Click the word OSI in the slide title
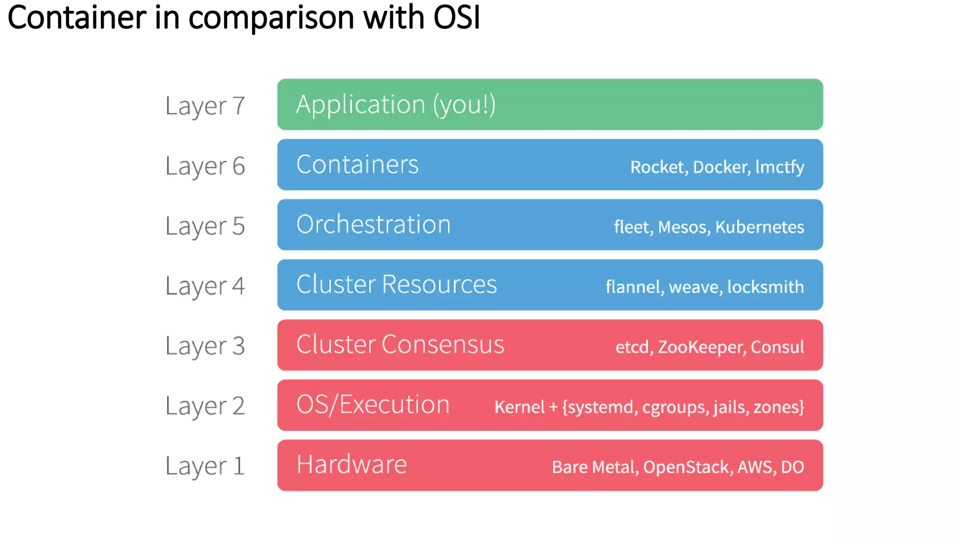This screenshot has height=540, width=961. pyautogui.click(x=457, y=18)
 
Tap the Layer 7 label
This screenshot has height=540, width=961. pyautogui.click(x=205, y=106)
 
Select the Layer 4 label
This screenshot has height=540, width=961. pyautogui.click(x=205, y=286)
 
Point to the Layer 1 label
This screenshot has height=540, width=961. pyautogui.click(x=205, y=466)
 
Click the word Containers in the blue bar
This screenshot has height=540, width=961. pyautogui.click(x=357, y=165)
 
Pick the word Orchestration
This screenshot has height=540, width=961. pyautogui.click(x=374, y=225)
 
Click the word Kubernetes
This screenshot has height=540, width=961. pyautogui.click(x=759, y=227)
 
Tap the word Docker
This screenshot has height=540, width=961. pyautogui.click(x=721, y=167)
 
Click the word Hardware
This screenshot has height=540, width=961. pyautogui.click(x=351, y=465)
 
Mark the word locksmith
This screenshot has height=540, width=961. pyautogui.click(x=765, y=287)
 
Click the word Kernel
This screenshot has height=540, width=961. pyautogui.click(x=519, y=407)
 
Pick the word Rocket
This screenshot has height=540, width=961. pyautogui.click(x=658, y=167)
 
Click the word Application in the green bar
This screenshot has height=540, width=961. pyautogui.click(x=360, y=105)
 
